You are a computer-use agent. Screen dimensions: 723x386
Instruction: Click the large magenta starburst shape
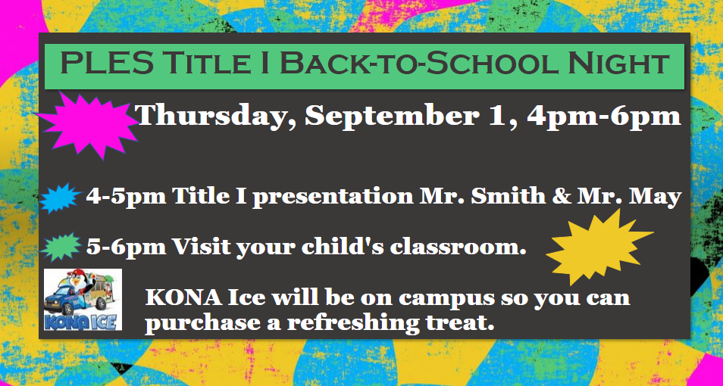click(88, 124)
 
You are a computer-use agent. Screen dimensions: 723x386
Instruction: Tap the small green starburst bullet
click(61, 247)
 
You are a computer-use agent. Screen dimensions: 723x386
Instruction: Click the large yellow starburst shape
click(598, 247)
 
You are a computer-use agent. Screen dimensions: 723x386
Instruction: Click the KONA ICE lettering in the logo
click(82, 321)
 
